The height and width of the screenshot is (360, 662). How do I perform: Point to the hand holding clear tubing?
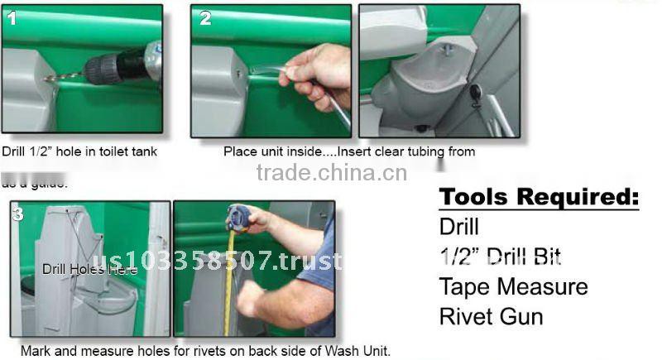[318, 74]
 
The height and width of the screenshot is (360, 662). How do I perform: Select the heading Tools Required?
[539, 197]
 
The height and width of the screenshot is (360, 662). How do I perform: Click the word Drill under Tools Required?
[458, 226]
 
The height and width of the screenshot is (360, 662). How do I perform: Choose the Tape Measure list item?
[513, 286]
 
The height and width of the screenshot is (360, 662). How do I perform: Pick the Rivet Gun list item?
[491, 316]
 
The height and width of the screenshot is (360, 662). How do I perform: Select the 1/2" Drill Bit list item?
[500, 256]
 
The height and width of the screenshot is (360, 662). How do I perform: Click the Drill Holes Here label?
[78, 269]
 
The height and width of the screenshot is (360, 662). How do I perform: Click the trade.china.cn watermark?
[331, 172]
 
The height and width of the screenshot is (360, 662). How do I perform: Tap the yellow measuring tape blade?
[229, 281]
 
